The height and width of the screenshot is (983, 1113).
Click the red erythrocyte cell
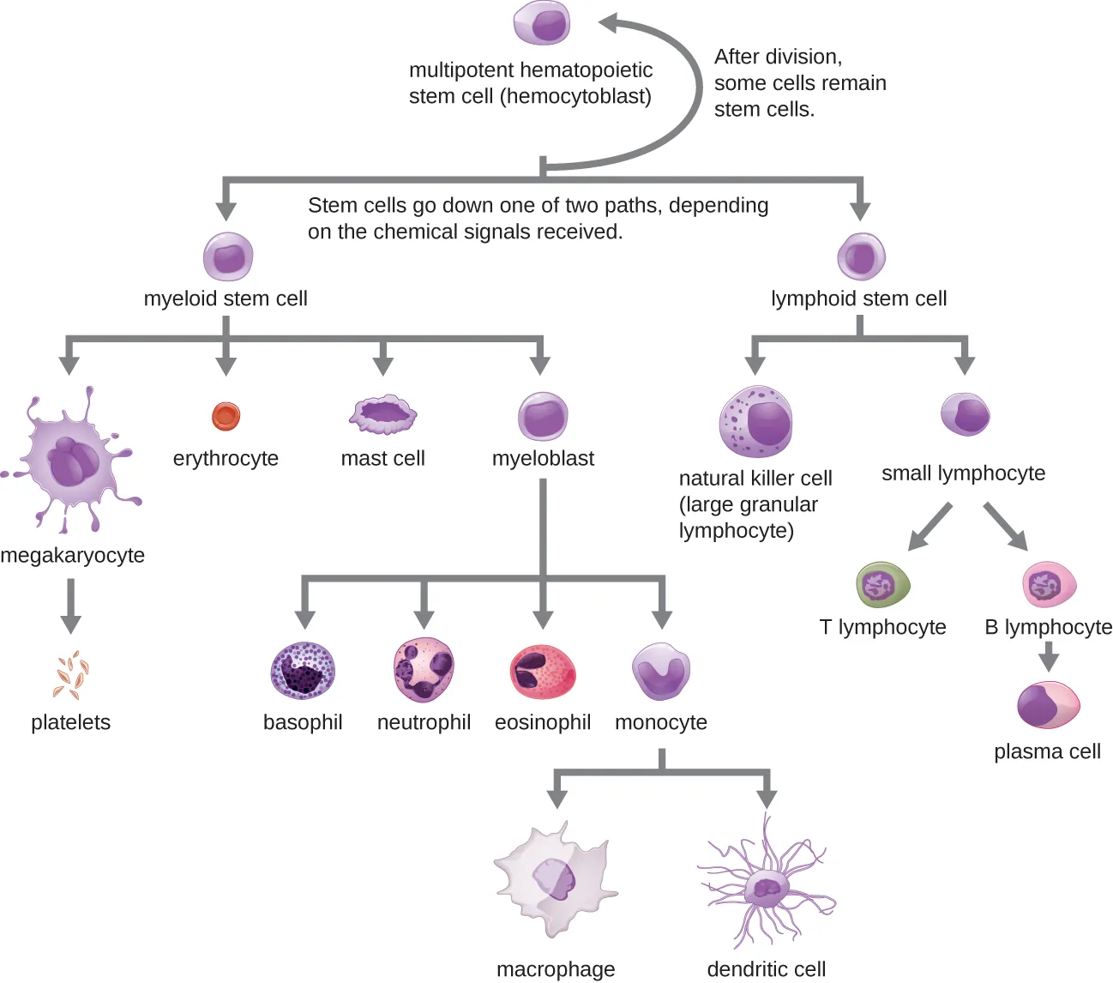[x=226, y=417]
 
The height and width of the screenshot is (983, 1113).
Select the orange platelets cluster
[x=71, y=676]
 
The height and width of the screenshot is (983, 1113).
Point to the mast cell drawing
[x=382, y=415]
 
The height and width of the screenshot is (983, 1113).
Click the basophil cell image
[x=303, y=671]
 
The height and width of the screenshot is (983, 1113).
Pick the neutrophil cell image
[x=424, y=669]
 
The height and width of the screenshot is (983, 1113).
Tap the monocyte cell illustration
[x=660, y=670]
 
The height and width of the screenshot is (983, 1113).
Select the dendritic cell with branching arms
[x=765, y=888]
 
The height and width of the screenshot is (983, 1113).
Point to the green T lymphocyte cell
[x=882, y=585]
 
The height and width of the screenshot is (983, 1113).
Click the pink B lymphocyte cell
[x=1049, y=585]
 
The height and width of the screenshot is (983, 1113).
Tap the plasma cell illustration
[x=1048, y=705]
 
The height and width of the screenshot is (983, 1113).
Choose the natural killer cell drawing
[x=755, y=421]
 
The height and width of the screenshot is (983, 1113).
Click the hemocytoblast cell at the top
[x=542, y=22]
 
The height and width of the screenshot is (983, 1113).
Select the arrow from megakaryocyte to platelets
[x=71, y=606]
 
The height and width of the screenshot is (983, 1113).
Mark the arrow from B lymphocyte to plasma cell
[x=1048, y=657]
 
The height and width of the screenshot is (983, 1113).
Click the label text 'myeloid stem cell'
[x=226, y=299]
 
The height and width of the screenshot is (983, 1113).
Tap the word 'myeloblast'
[x=543, y=459]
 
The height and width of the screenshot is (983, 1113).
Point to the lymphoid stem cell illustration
[x=860, y=256]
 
